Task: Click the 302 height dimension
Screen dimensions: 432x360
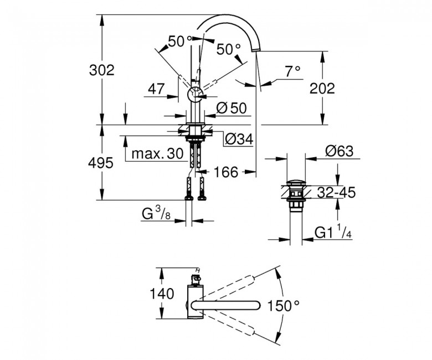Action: pos(102,70)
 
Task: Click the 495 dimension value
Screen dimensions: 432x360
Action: pos(101,163)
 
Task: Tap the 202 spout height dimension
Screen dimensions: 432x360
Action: pos(322,88)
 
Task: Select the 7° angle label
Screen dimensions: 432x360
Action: pos(292,71)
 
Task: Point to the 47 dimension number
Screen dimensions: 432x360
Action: pos(156,89)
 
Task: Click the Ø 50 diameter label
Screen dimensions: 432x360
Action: pos(232,108)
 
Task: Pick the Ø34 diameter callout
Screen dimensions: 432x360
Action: pos(239,140)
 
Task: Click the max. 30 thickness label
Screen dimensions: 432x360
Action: pos(157,154)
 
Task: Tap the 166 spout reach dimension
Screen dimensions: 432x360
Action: pos(225,172)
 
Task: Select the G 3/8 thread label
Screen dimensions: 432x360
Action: pos(156,213)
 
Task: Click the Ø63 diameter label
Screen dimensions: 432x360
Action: pos(339,151)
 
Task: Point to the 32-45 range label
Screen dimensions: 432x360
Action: pos(336,192)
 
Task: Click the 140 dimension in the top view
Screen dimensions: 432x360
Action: pos(162,294)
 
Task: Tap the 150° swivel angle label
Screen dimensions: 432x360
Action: pos(283,306)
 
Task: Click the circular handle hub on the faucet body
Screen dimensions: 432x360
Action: pos(196,95)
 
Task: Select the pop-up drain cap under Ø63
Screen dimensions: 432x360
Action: pos(296,183)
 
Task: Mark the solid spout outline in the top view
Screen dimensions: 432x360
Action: pos(225,306)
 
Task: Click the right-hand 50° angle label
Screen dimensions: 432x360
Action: pos(228,50)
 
